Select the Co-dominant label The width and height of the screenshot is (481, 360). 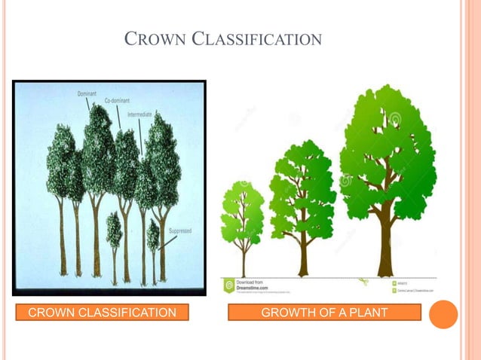(118, 100)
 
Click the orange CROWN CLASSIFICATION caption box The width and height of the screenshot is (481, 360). (102, 313)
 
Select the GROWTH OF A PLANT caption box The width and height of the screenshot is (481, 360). (324, 313)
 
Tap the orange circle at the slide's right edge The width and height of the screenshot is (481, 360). (443, 314)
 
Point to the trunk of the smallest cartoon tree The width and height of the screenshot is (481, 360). (243, 260)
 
